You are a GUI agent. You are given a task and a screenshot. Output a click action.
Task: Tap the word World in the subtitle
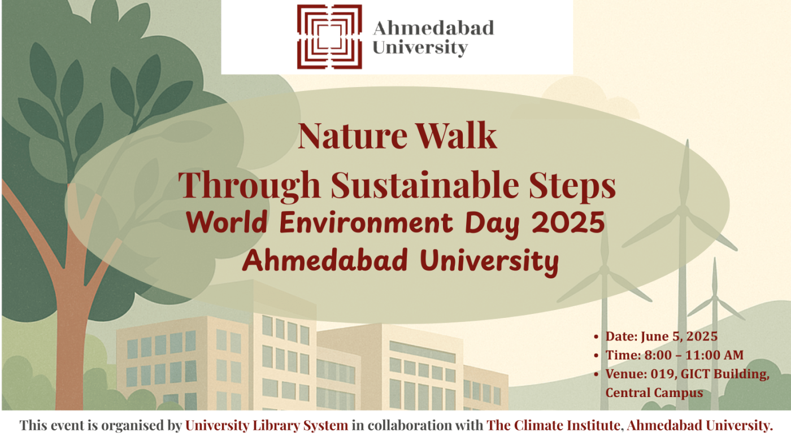click(x=229, y=224)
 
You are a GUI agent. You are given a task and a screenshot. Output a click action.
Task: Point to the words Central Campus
click(x=654, y=392)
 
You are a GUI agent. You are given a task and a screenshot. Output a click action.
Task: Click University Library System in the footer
click(x=267, y=426)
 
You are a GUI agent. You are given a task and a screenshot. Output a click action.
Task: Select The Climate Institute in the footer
click(x=553, y=426)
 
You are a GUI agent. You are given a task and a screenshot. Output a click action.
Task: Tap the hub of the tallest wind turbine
click(x=684, y=210)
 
